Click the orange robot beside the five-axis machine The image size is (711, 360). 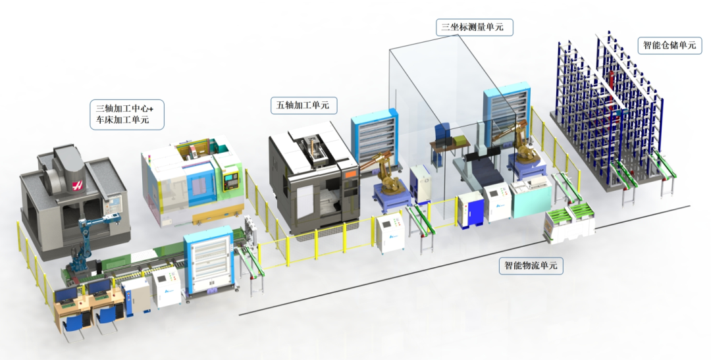[x=384, y=172]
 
